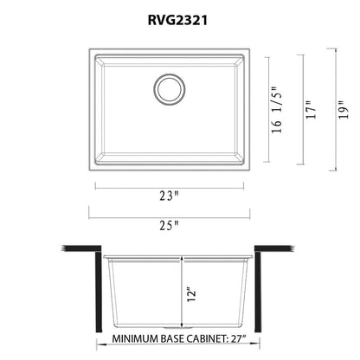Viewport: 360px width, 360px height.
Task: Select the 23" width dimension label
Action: point(170,196)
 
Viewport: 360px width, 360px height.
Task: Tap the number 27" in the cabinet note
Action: point(257,339)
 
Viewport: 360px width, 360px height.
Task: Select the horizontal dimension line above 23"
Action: point(170,184)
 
